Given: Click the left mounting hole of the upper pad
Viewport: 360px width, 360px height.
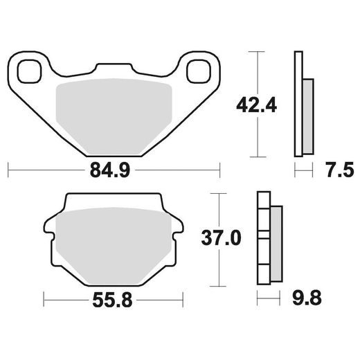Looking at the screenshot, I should [30, 71].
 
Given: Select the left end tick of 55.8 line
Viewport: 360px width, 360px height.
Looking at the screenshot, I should [44, 300].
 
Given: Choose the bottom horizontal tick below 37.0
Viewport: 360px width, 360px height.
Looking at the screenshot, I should [220, 285].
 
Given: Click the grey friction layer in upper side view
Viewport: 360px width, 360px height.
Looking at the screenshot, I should [307, 116].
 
